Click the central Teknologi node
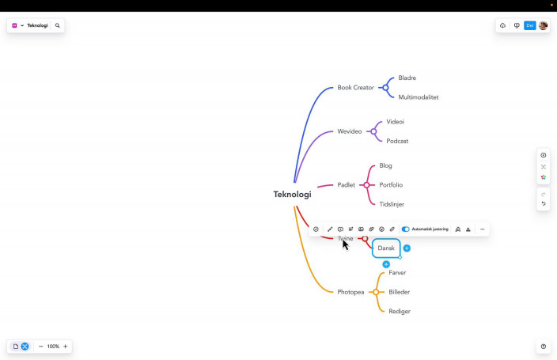coord(292,194)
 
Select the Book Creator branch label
coord(355,88)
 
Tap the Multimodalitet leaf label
coord(418,97)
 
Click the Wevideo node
coord(349,131)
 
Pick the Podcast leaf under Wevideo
coord(397,141)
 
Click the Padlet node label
coord(346,185)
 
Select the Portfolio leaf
coord(391,185)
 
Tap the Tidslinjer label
coord(392,204)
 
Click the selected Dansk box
coord(386,248)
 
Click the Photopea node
coord(350,292)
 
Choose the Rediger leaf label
coord(399,311)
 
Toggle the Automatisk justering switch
coord(405,229)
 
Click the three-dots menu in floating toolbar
coord(483,229)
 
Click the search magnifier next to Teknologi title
coord(57,25)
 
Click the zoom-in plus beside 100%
coord(65,347)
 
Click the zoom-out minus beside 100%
coord(41,347)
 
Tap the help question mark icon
coord(543,347)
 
